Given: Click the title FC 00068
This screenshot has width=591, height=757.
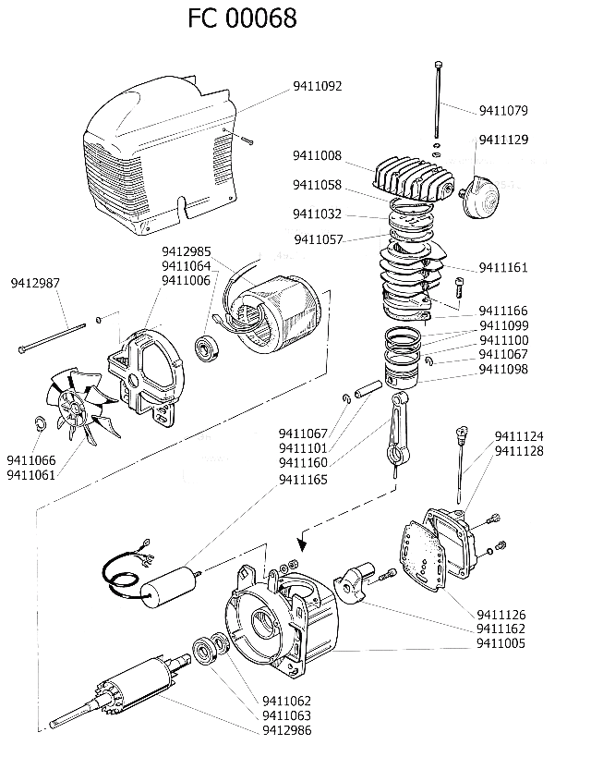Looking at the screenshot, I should [242, 18].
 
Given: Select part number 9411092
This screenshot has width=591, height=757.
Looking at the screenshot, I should [318, 86].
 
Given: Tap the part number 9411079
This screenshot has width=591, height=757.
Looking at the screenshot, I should [503, 112].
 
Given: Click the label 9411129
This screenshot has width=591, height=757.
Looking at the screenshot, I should [503, 140].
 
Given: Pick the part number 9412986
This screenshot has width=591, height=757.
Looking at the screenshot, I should [286, 730].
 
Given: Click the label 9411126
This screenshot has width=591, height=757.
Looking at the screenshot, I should [501, 615].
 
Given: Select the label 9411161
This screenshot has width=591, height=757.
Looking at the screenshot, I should [503, 268].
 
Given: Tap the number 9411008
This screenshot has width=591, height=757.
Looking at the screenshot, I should [318, 155].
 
